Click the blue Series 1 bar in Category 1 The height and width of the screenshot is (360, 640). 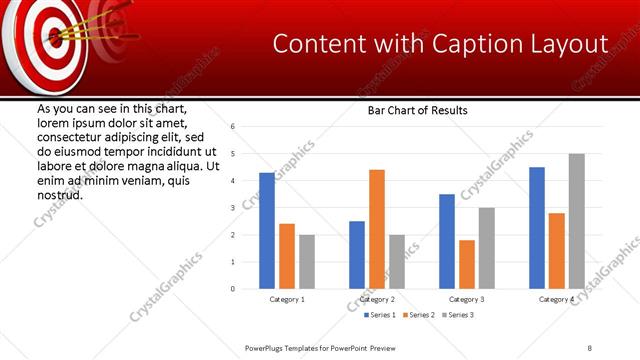pos(267,231)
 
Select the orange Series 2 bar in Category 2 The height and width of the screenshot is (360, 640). pos(377,229)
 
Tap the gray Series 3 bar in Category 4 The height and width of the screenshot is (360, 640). pos(577,221)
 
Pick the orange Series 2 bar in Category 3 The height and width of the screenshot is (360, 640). pos(467,264)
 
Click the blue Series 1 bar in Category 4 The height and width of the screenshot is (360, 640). pos(537,228)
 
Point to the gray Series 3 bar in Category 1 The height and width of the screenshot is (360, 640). pos(307,262)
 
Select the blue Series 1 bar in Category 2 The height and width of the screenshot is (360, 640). pos(357,255)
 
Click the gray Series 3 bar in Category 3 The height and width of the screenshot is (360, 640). pos(487,248)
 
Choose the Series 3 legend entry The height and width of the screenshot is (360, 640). pos(457,315)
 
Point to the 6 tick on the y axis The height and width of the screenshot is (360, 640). pos(232,127)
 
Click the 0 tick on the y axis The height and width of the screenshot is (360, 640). pos(232,289)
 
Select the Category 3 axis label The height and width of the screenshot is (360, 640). pos(467,299)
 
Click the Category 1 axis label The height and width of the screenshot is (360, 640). pos(287,299)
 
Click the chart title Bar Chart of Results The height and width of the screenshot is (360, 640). pos(418,110)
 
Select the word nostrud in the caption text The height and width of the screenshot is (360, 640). pos(59,193)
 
